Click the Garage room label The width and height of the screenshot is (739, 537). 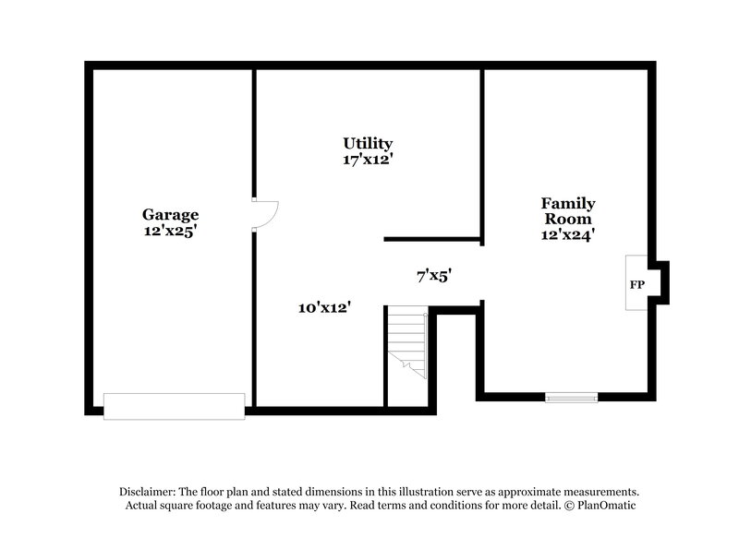(x=170, y=215)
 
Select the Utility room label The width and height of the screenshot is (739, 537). (x=368, y=143)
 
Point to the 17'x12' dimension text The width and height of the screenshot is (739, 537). (x=368, y=159)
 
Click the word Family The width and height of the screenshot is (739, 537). (x=567, y=203)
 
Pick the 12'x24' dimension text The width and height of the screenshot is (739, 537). (x=567, y=234)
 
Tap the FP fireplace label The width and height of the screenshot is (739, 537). (x=636, y=284)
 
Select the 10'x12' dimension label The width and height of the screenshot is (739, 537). (x=324, y=307)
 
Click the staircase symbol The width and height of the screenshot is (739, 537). (x=406, y=343)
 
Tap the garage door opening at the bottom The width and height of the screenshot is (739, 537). (x=174, y=406)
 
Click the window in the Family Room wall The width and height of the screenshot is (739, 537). (x=571, y=398)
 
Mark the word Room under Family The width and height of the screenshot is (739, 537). (x=567, y=219)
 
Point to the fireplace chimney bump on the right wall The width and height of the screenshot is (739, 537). (x=661, y=282)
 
